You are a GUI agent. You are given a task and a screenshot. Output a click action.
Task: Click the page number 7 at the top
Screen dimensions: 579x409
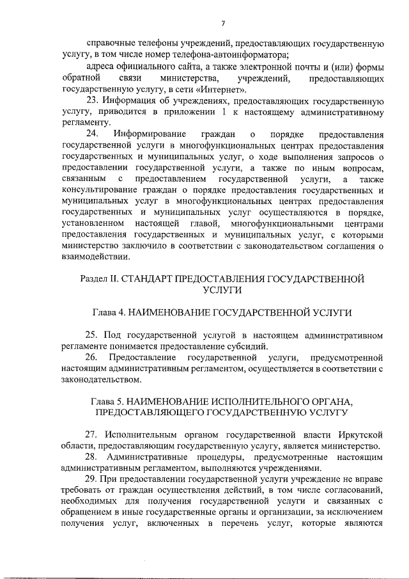(223, 24)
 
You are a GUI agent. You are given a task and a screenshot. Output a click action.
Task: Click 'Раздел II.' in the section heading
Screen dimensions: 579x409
(100, 279)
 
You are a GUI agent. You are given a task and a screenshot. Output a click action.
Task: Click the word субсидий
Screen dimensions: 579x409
(246, 346)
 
